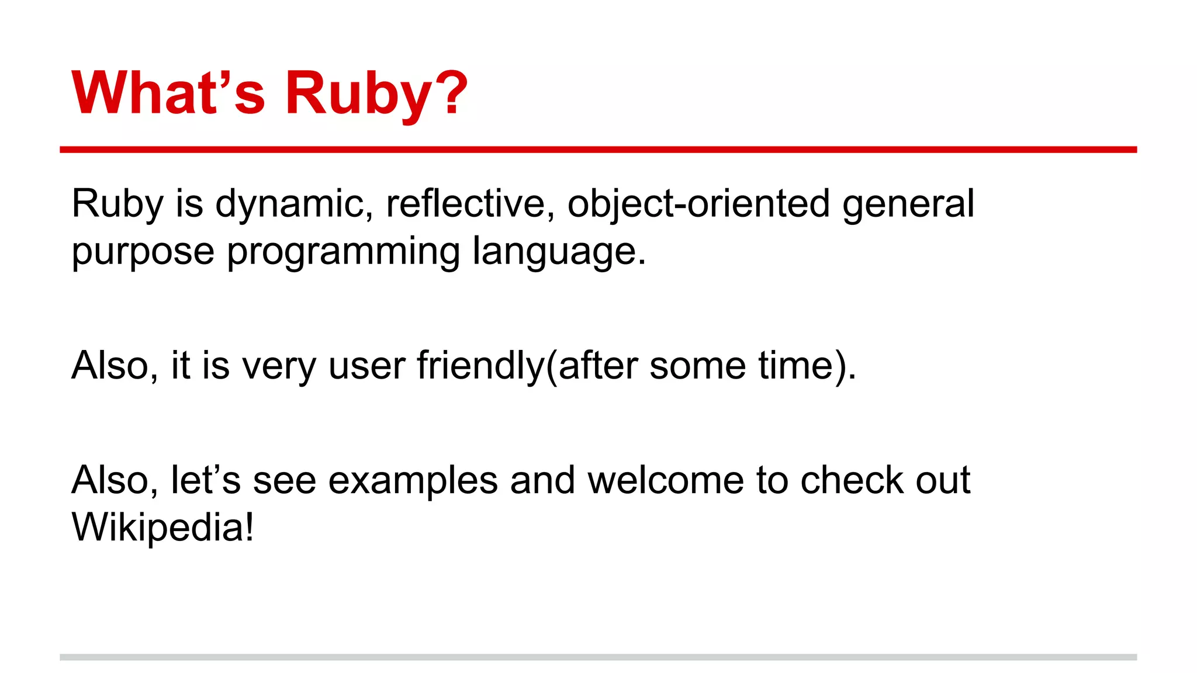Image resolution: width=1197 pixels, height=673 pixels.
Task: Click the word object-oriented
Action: (698, 204)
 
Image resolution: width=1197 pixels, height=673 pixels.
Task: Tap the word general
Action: (908, 204)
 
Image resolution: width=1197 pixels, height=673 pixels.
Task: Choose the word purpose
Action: (143, 252)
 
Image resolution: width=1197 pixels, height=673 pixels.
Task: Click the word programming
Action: (344, 252)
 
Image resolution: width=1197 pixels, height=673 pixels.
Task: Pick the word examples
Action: (413, 481)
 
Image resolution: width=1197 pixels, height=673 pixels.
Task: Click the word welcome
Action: (666, 480)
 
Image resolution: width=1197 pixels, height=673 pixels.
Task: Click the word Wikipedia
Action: (157, 528)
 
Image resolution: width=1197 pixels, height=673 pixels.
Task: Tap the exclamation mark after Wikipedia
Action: (250, 527)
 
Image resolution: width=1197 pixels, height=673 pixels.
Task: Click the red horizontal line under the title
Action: (598, 150)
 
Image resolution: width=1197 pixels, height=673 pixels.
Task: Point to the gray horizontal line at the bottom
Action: (598, 657)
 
